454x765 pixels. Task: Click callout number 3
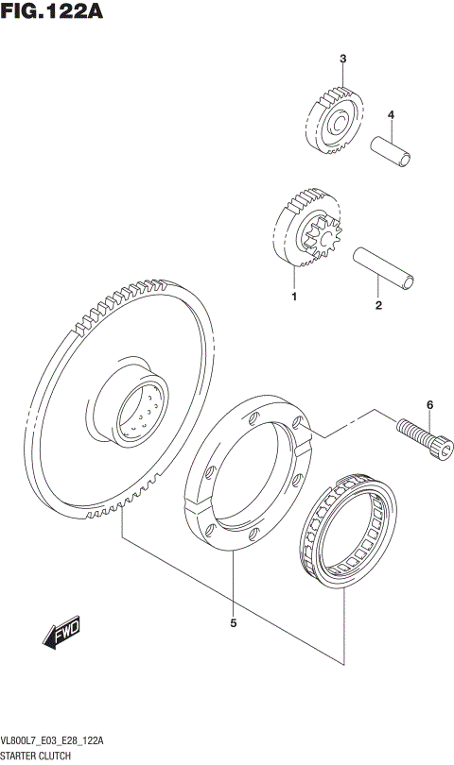click(x=344, y=59)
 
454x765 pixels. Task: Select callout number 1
click(x=294, y=298)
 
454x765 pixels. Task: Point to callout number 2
click(x=377, y=305)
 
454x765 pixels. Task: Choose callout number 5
click(x=233, y=622)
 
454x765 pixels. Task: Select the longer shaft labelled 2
click(x=382, y=268)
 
